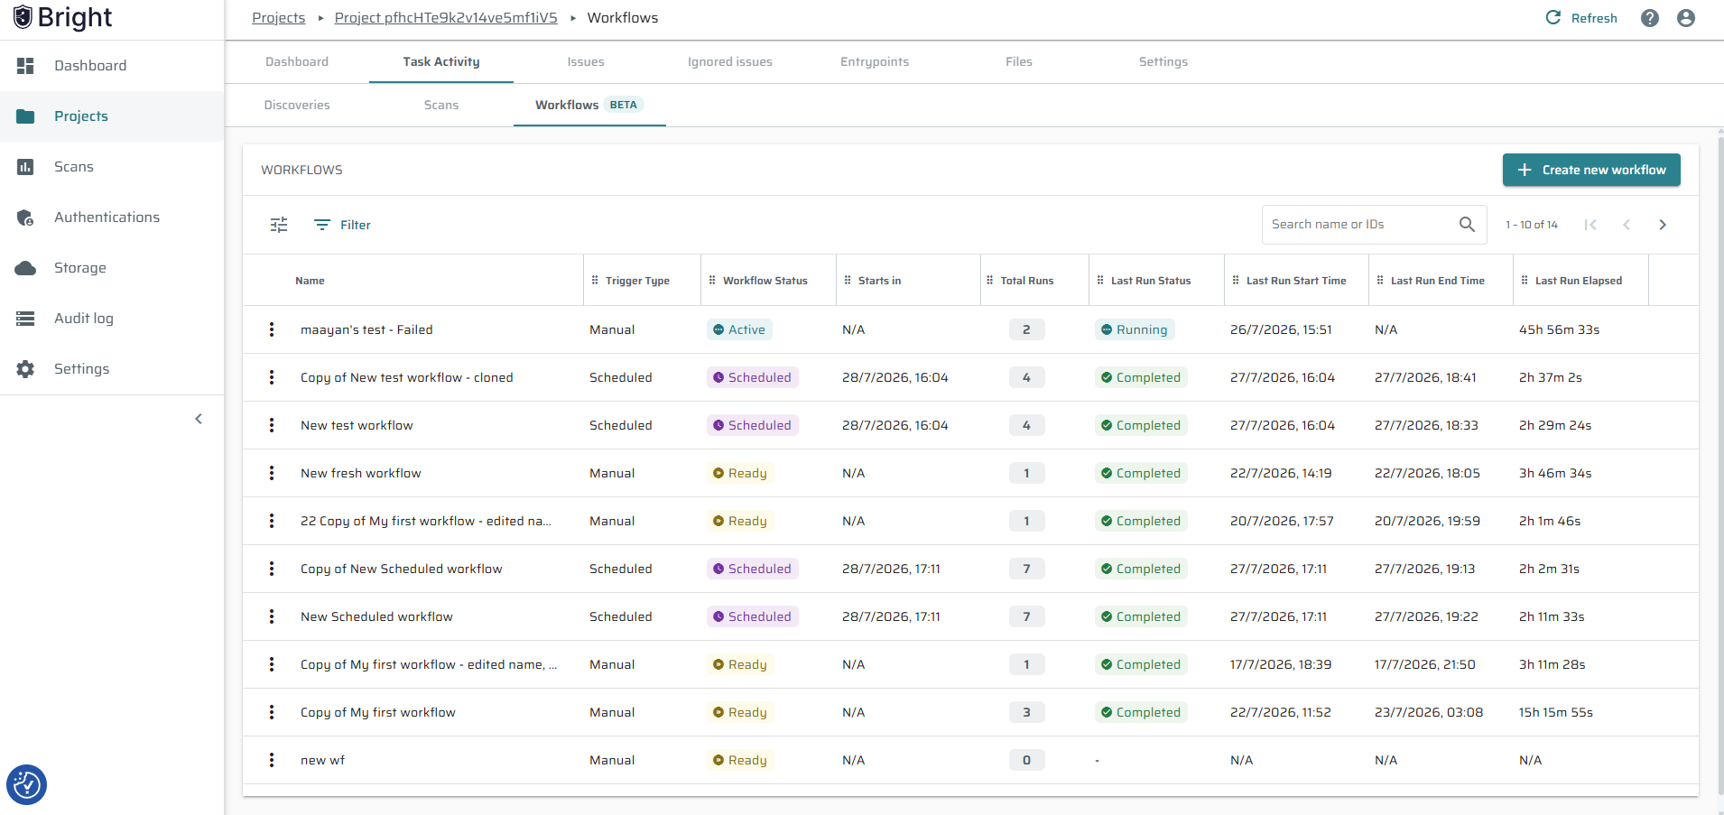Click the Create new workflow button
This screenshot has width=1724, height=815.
(x=1591, y=170)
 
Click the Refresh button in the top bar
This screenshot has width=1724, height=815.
(x=1581, y=18)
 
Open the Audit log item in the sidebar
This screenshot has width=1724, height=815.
(x=84, y=319)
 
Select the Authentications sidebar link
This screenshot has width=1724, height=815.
(x=107, y=218)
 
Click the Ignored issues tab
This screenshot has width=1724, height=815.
(x=730, y=62)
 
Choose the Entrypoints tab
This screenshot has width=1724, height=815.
(x=875, y=62)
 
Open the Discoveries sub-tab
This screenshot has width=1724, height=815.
(x=297, y=106)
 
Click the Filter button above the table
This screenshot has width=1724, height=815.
(x=342, y=225)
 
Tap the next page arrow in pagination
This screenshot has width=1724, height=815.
(x=1663, y=225)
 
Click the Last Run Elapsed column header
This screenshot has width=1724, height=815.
(x=1579, y=281)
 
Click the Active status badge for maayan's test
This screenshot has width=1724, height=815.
(x=739, y=329)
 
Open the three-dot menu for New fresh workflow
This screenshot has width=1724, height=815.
(x=272, y=473)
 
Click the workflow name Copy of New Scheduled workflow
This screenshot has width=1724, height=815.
(x=402, y=569)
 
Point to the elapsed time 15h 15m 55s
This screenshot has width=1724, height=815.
(x=1556, y=712)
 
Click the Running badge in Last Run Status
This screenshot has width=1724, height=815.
(x=1135, y=329)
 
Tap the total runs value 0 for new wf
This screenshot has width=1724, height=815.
(x=1026, y=760)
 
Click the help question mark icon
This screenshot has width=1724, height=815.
(x=1650, y=18)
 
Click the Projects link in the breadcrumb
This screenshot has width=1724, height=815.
(x=279, y=18)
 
